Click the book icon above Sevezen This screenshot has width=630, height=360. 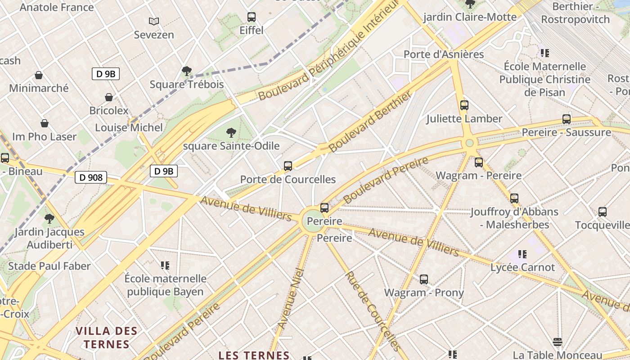[x=154, y=21]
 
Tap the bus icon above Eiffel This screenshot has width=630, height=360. [x=252, y=17]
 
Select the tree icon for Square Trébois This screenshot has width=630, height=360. [x=186, y=71]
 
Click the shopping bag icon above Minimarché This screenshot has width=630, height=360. [x=39, y=75]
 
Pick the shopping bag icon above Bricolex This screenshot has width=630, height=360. [x=109, y=97]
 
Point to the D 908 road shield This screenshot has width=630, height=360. [x=91, y=177]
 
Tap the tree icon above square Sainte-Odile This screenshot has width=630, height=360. [x=231, y=132]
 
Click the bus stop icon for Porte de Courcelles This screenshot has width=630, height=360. [x=288, y=166]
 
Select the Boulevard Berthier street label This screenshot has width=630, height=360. [x=370, y=121]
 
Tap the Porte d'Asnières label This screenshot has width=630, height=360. [x=443, y=54]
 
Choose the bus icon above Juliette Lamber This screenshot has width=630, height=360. [x=464, y=105]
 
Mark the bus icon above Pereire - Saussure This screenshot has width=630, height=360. [x=567, y=119]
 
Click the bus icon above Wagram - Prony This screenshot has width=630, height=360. [x=424, y=279]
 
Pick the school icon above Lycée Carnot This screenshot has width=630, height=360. [x=522, y=254]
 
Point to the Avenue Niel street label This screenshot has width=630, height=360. [x=291, y=298]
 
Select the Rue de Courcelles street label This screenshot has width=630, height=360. [x=372, y=310]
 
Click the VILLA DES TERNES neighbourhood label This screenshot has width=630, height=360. [x=106, y=338]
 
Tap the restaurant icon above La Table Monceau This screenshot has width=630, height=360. [x=558, y=342]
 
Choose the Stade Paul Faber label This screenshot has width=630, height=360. [x=49, y=266]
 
